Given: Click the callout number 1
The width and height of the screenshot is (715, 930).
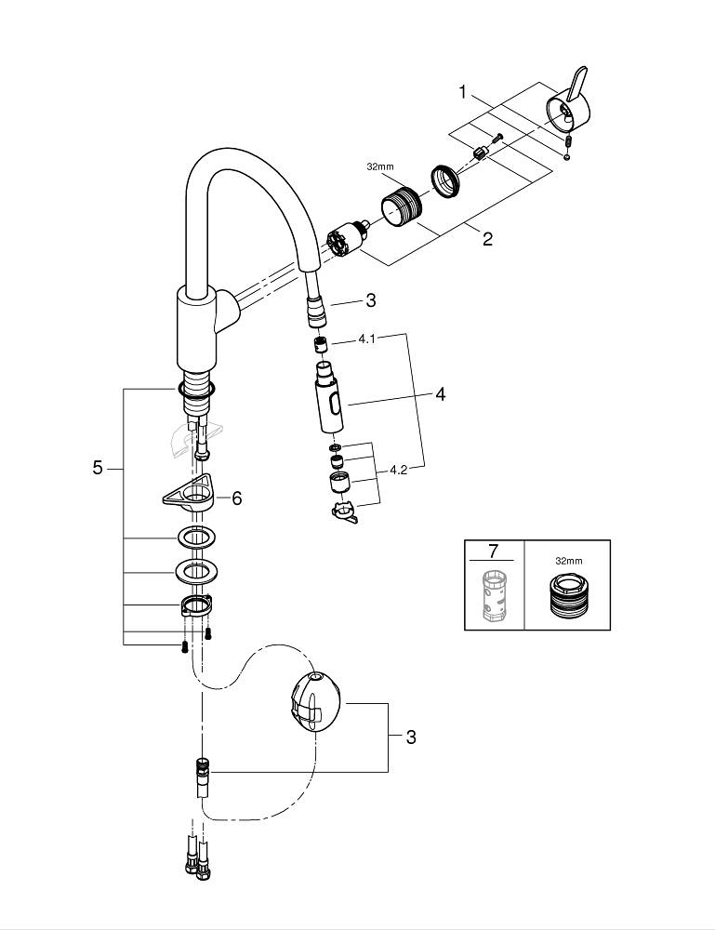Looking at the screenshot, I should click(462, 92).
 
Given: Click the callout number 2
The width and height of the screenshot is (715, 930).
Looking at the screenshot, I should click(487, 239).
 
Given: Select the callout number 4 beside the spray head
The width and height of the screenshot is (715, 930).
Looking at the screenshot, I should click(440, 394).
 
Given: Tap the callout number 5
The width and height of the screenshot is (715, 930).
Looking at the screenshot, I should click(98, 468).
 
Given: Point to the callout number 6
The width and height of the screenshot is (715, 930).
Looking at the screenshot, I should click(236, 498).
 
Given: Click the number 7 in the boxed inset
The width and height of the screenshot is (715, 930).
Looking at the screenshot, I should click(493, 552).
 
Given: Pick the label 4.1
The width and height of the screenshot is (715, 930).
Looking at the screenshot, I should click(366, 339).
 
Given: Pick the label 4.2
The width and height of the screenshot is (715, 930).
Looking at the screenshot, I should click(399, 470).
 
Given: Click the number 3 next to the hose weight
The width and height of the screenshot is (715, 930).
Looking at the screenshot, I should click(411, 737).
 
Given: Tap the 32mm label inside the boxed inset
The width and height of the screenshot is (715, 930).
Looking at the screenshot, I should click(568, 561).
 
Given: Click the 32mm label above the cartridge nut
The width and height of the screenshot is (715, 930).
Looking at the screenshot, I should click(380, 166).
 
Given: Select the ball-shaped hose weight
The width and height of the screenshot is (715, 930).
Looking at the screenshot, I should click(316, 704).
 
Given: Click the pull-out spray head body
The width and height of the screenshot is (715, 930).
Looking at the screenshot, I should click(330, 400).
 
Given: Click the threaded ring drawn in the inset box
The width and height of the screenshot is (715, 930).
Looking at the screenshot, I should click(567, 597).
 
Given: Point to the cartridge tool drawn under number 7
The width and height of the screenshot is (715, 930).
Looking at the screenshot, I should click(493, 594).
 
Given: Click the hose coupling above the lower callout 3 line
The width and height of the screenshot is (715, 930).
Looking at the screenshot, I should click(201, 771).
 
